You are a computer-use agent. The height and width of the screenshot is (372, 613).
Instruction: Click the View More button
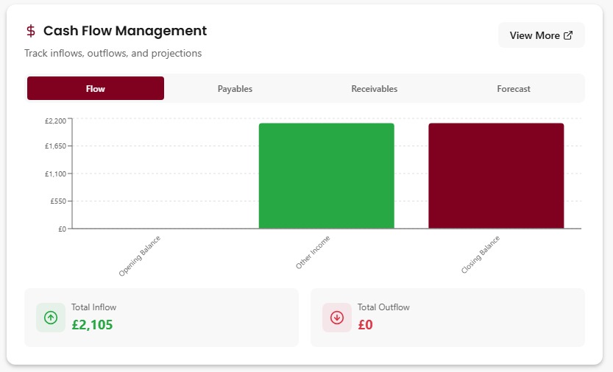pyautogui.click(x=541, y=35)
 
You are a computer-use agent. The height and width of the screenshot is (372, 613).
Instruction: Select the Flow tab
pyautogui.click(x=96, y=88)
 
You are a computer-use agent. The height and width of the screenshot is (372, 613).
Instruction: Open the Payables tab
pyautogui.click(x=235, y=88)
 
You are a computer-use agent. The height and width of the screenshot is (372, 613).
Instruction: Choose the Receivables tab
pyautogui.click(x=374, y=88)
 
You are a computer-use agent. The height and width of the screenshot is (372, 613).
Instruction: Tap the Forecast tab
pyautogui.click(x=513, y=88)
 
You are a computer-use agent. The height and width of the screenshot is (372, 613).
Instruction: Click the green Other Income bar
pyautogui.click(x=326, y=176)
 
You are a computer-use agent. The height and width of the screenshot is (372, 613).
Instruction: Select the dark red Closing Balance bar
pyautogui.click(x=496, y=176)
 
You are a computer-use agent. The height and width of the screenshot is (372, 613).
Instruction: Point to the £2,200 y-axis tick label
pyautogui.click(x=56, y=120)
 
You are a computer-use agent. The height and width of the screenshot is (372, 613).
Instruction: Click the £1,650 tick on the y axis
pyautogui.click(x=56, y=146)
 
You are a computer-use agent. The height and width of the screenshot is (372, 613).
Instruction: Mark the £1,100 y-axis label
pyautogui.click(x=56, y=174)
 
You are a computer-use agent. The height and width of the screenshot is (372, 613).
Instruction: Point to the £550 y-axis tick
pyautogui.click(x=59, y=201)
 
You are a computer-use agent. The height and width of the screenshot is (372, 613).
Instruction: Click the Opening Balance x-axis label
pyautogui.click(x=140, y=255)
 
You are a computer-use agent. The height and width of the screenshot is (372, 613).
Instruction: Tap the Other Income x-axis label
pyautogui.click(x=313, y=252)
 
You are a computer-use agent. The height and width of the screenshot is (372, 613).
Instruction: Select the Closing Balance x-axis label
pyautogui.click(x=481, y=254)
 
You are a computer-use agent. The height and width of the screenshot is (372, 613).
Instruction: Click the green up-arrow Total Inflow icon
pyautogui.click(x=51, y=318)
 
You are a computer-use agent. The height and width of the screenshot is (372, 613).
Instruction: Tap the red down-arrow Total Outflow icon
pyautogui.click(x=337, y=318)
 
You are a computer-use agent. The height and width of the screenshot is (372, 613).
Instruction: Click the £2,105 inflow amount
pyautogui.click(x=92, y=324)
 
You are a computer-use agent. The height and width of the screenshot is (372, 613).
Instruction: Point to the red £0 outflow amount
pyautogui.click(x=365, y=324)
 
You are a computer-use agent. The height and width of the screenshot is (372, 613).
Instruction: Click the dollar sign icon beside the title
pyautogui.click(x=31, y=31)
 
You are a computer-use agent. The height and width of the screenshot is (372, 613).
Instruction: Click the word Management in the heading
pyautogui.click(x=163, y=31)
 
